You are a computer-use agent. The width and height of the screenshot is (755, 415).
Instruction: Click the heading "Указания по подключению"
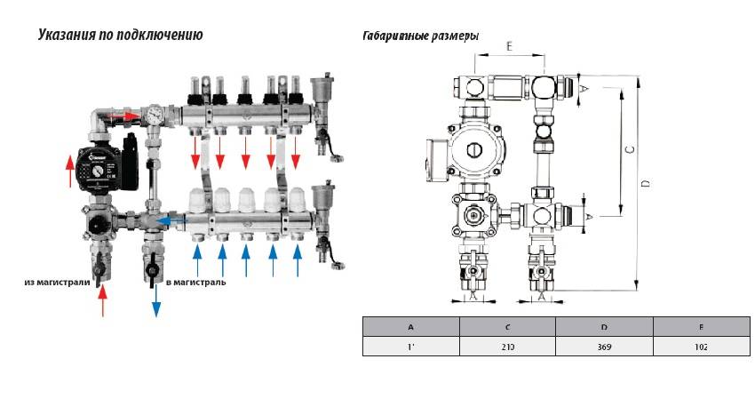(x=121, y=36)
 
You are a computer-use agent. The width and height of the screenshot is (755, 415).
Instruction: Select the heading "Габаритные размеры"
(x=421, y=36)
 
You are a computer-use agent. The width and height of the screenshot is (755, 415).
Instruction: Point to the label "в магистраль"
(x=195, y=283)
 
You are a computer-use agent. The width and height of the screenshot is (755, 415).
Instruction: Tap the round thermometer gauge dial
(x=156, y=115)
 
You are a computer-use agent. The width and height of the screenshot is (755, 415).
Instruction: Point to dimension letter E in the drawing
(x=508, y=44)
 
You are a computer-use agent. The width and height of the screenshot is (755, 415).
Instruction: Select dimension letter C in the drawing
(x=630, y=150)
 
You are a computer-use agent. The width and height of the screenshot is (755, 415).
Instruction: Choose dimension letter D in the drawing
(x=646, y=182)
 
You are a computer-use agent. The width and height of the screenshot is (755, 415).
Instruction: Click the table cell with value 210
(x=506, y=347)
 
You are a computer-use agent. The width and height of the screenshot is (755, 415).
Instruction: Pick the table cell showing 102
(x=702, y=347)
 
